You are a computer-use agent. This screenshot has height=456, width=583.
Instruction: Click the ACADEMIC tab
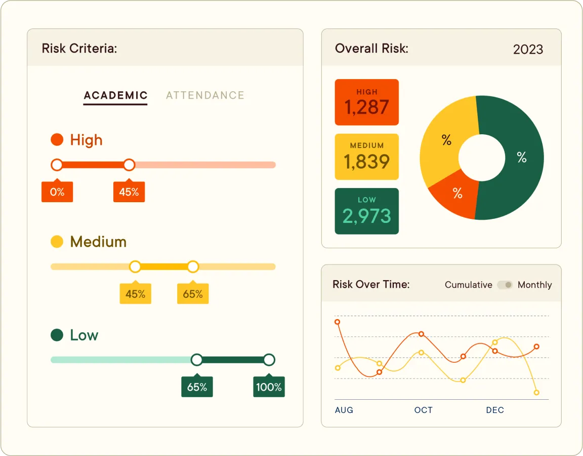pos(115,95)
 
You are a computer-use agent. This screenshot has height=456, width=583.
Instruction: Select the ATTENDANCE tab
pos(205,95)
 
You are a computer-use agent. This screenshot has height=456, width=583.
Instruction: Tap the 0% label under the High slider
pos(57,192)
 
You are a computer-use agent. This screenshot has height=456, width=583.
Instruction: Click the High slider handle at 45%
pos(130,165)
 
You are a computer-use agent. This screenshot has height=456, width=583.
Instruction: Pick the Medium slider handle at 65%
pos(193,267)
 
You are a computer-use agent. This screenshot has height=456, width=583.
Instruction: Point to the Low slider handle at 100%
pos(269,360)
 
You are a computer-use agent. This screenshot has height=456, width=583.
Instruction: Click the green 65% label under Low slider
pos(197,387)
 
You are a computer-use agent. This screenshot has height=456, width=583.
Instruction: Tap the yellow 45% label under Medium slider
pos(135,294)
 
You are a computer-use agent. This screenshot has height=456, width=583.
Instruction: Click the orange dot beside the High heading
pos(57,140)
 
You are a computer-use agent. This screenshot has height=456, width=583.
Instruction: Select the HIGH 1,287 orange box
pos(366,102)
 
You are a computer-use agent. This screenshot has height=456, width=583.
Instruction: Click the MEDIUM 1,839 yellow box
pos(366,157)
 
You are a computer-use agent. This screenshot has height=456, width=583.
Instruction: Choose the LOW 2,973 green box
pos(366,211)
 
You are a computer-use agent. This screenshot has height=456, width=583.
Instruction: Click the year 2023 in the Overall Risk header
pos(528,49)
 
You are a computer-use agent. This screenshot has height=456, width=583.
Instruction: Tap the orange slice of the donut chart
pos(455,195)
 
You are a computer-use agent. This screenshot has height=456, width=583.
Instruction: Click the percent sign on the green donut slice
pos(522,158)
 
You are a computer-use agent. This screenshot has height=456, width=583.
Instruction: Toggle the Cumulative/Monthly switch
pos(505,285)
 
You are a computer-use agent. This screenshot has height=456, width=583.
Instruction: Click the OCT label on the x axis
pos(424,410)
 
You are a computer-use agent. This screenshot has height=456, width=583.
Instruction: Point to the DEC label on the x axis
pos(495,410)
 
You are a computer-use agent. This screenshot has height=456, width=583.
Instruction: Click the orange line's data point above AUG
pos(338,322)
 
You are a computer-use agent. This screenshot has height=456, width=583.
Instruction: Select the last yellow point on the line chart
pos(536,393)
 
